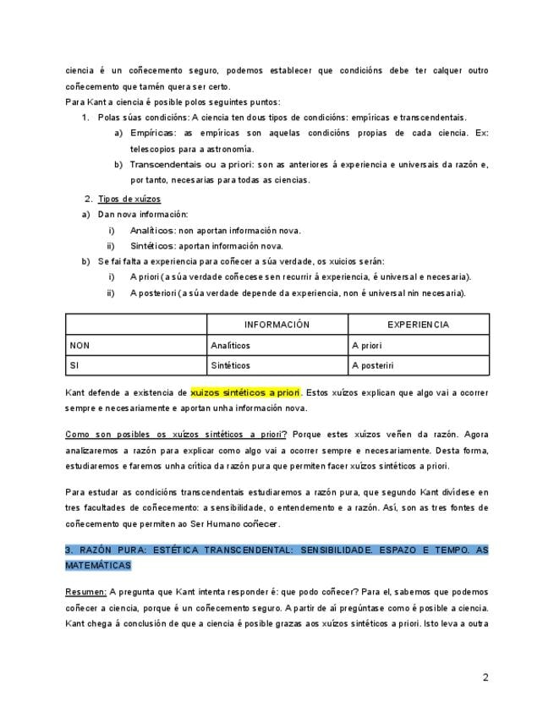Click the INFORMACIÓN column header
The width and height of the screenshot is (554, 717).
pyautogui.click(x=277, y=325)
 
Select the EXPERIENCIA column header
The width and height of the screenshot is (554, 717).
pyautogui.click(x=418, y=325)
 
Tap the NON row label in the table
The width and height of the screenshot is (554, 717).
pyautogui.click(x=80, y=345)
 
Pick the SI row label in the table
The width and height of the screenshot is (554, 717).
pyautogui.click(x=75, y=365)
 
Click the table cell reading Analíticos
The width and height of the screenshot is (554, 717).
pyautogui.click(x=230, y=345)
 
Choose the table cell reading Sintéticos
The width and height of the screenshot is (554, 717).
pyautogui.click(x=230, y=365)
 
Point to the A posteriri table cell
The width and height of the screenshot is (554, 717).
pyautogui.click(x=373, y=365)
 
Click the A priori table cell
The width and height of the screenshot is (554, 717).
pyautogui.click(x=367, y=345)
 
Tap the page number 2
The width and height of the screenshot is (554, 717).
pyautogui.click(x=485, y=676)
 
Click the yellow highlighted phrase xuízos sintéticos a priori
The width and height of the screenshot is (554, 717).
pyautogui.click(x=245, y=392)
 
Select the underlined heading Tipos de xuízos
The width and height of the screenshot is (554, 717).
pyautogui.click(x=129, y=199)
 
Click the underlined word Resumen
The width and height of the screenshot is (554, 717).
pyautogui.click(x=85, y=591)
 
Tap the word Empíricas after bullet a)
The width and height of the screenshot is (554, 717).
pyautogui.click(x=153, y=133)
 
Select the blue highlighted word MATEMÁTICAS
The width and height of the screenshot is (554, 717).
pyautogui.click(x=98, y=565)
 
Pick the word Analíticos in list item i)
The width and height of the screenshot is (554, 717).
pyautogui.click(x=153, y=230)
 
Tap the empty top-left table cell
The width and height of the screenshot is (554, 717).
pyautogui.click(x=135, y=325)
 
